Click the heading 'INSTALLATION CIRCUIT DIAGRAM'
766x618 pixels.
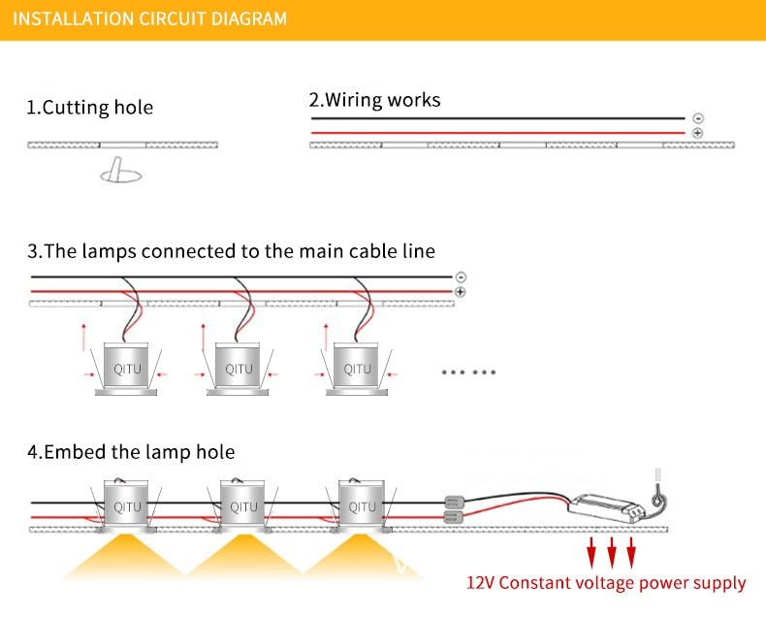[150, 18]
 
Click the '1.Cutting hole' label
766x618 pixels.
[89, 107]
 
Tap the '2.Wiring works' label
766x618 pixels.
[374, 99]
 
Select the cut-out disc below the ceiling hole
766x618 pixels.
[120, 175]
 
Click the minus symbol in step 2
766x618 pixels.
[698, 118]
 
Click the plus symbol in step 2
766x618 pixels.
[698, 132]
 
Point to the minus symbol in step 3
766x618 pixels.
[461, 277]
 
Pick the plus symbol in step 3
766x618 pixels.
[461, 291]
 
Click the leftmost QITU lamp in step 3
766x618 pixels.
[127, 370]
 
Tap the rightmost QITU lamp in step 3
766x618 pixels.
[358, 370]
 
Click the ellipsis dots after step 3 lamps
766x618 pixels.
[468, 372]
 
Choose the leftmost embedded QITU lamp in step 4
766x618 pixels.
[127, 506]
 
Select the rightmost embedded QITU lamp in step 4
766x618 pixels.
[362, 506]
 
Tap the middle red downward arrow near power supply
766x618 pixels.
[612, 554]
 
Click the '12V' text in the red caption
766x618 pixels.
[482, 583]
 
